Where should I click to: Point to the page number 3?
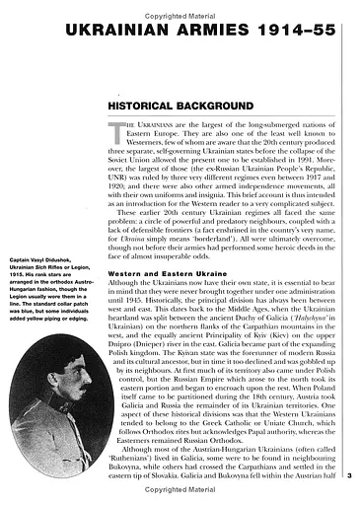[350, 476]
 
